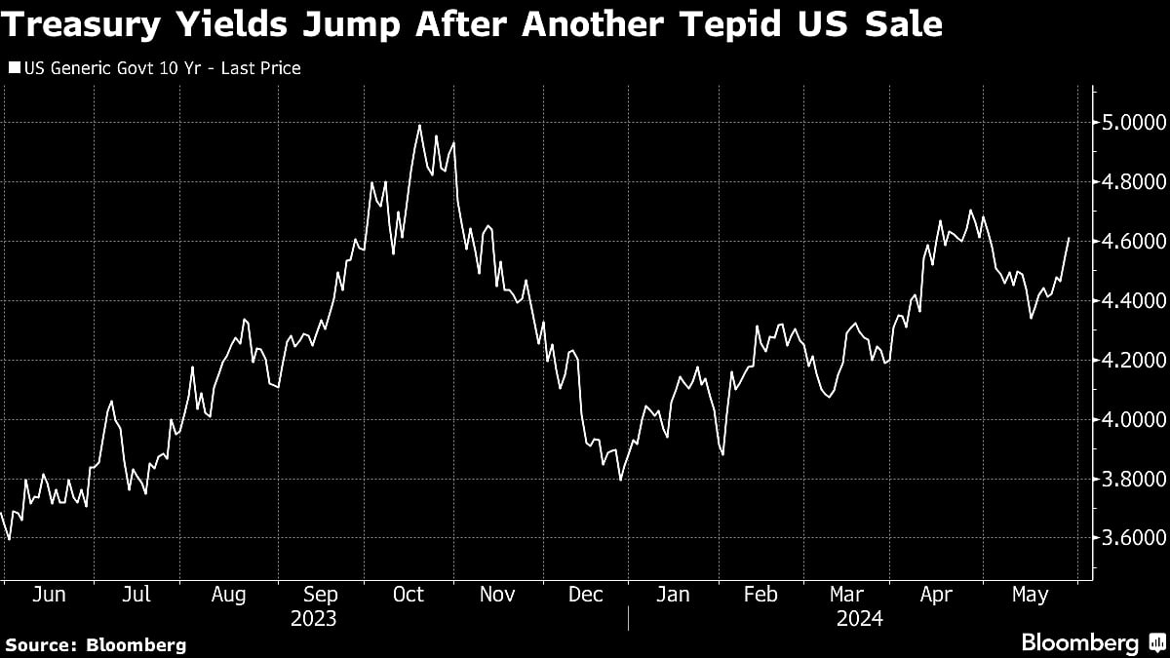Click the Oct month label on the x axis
coord(408,595)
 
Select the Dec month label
coord(585,595)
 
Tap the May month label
coord(1031,595)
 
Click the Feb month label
coord(760,595)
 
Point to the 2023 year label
coord(314,619)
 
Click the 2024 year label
coord(859,619)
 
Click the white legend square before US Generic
coord(14,68)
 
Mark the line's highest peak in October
coord(419,125)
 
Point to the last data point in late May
coord(1070,238)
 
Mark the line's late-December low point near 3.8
coord(620,480)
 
